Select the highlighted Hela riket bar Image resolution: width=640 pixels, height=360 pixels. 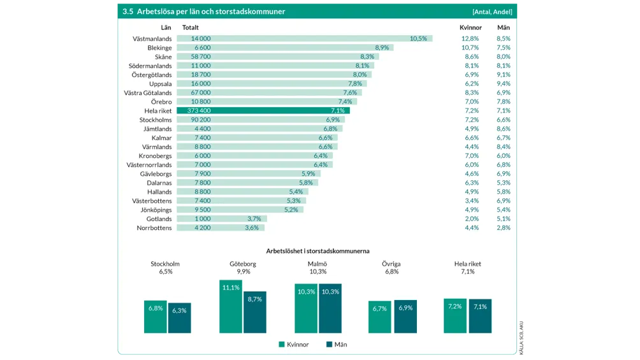tap(263, 110)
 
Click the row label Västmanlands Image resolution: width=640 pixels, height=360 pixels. tap(152, 39)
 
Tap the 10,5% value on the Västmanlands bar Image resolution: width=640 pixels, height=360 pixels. tap(418, 39)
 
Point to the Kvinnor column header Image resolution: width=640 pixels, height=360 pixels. tap(470, 27)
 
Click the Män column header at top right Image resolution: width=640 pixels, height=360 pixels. tap(504, 27)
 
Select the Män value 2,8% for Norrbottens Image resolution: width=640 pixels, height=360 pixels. tap(504, 227)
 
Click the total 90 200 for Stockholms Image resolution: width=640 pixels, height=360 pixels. tap(201, 119)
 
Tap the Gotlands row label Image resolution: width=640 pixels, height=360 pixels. tap(159, 219)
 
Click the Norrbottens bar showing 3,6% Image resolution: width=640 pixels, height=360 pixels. tap(220, 227)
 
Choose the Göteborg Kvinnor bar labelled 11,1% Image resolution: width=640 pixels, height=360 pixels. tap(231, 306)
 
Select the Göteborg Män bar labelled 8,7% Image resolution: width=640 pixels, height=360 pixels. tap(255, 312)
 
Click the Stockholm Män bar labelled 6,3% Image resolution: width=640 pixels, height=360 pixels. tap(179, 317)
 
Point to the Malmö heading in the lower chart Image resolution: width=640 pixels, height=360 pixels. tap(317, 264)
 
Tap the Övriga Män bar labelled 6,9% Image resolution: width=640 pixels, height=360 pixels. tap(405, 316)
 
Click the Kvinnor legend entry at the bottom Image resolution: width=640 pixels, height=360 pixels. tap(294, 344)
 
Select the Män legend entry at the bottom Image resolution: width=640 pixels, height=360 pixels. tap(336, 344)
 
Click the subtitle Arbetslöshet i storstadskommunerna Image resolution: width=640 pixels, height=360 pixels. tap(317, 250)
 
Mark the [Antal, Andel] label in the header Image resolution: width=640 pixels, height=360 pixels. tap(491, 11)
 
